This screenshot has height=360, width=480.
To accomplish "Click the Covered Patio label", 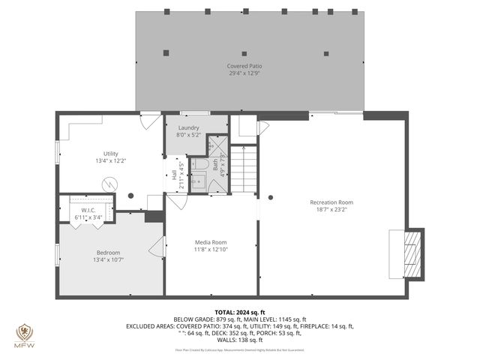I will tap(244, 66).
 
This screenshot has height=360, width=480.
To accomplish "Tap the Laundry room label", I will tap(188, 127).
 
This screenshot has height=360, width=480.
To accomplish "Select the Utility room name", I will tap(111, 153).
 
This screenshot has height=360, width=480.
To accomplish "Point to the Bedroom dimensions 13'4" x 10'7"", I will tap(108, 260).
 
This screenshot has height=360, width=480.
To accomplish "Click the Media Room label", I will tap(211, 242).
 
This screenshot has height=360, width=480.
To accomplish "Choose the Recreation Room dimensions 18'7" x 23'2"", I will tap(331, 210).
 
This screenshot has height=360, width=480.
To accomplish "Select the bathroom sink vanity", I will tap(199, 181).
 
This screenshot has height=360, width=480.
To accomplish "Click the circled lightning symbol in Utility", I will tap(110, 182).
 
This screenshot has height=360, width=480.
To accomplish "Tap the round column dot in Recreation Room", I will tap(271, 197).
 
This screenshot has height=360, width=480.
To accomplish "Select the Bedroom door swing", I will tap(157, 247).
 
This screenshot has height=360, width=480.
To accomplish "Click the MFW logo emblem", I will tap(23, 332).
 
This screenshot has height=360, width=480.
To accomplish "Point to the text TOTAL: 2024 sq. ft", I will tap(239, 312).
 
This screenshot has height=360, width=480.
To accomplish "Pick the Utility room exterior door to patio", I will tap(150, 120).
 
